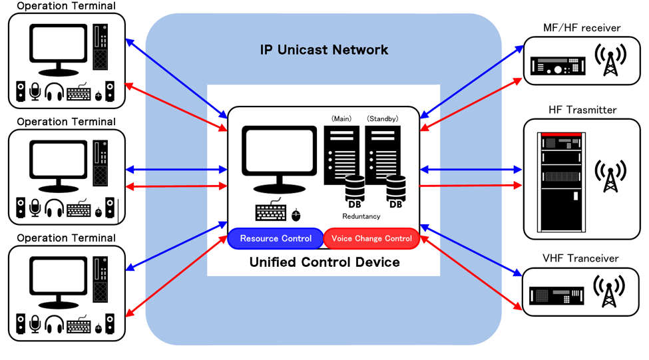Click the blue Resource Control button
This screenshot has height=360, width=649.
pos(276,238)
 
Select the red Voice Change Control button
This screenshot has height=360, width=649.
pos(371,238)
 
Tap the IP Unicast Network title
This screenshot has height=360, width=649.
pos(324,50)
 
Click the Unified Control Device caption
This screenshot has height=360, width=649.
pos(324,262)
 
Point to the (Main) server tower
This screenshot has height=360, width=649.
pos(341,154)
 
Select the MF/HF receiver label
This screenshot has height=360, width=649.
pos(582,28)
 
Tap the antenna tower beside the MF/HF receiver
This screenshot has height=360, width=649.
pos(609,61)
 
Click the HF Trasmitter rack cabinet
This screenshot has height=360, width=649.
pos(558,180)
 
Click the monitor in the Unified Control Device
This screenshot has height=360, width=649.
pos(279,160)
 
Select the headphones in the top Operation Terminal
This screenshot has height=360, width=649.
pos(53,92)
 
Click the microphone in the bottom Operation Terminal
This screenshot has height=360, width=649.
pos(35,325)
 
